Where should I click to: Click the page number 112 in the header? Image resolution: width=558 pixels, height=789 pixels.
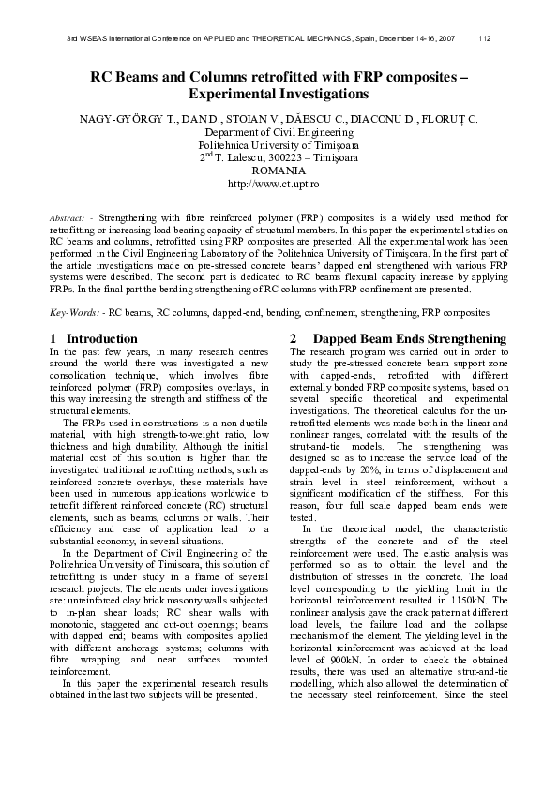pyautogui.click(x=485, y=38)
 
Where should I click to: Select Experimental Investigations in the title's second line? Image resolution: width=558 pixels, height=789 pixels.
pyautogui.click(x=279, y=95)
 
